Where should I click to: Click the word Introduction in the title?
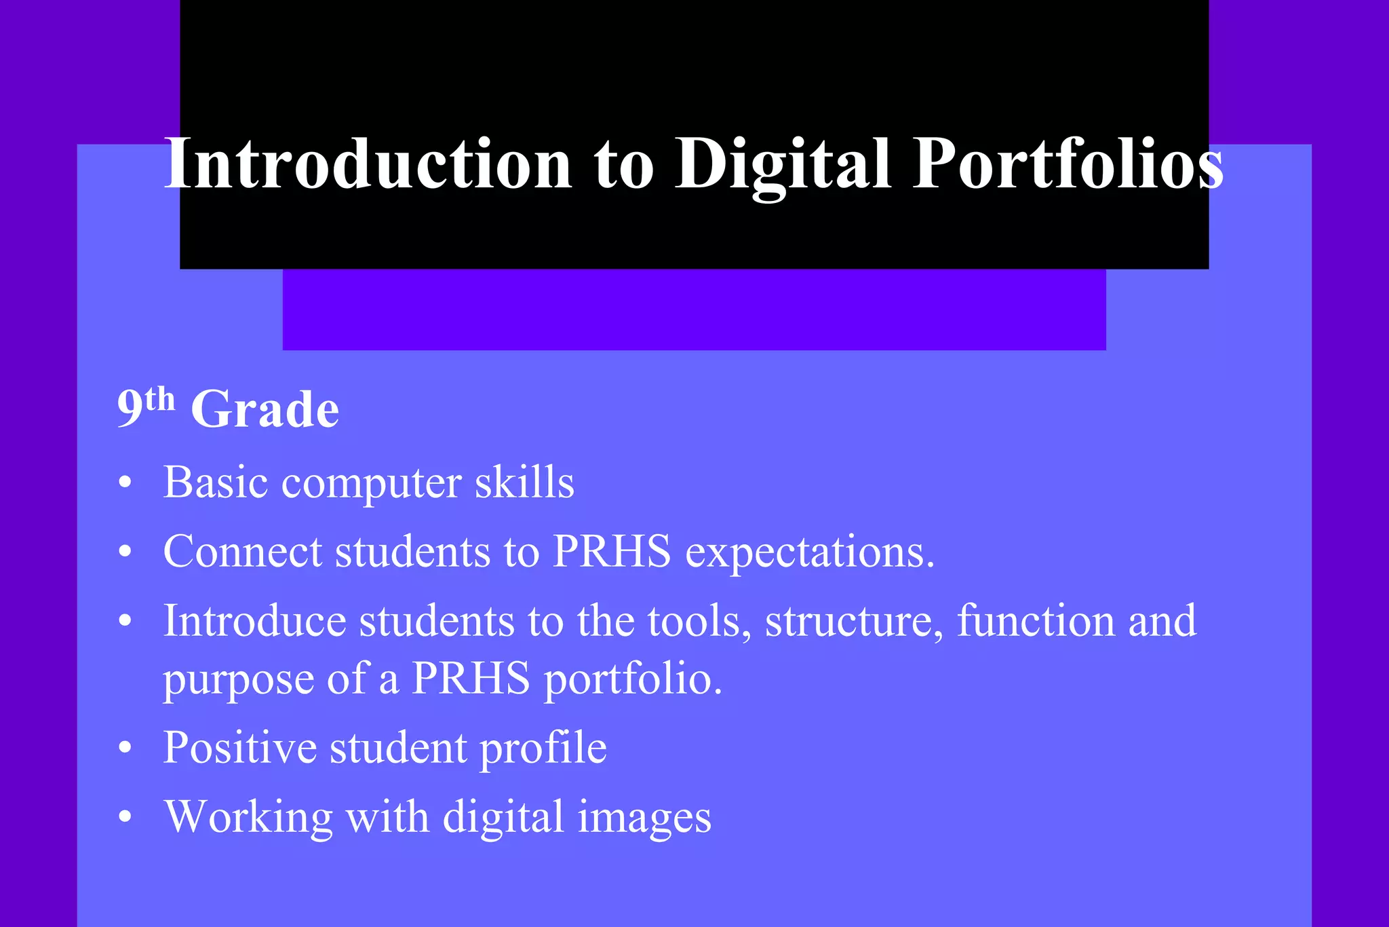coord(368,164)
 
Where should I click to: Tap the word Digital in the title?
coord(782,164)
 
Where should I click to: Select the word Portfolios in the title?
coord(1068,164)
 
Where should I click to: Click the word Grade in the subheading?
coord(265,410)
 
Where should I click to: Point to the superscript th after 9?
coord(160,400)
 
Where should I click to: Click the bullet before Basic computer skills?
coord(125,484)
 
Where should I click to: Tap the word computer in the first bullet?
coord(371,484)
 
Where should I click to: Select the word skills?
coord(524,483)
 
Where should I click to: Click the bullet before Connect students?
coord(125,552)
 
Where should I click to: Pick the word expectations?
coord(810,552)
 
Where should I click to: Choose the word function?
coord(1036,621)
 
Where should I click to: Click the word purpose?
coord(238,680)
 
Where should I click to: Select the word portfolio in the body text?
coord(633,680)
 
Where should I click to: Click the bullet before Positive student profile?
coord(125,749)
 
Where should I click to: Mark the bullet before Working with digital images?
coord(125,817)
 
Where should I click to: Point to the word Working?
coord(248,817)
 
